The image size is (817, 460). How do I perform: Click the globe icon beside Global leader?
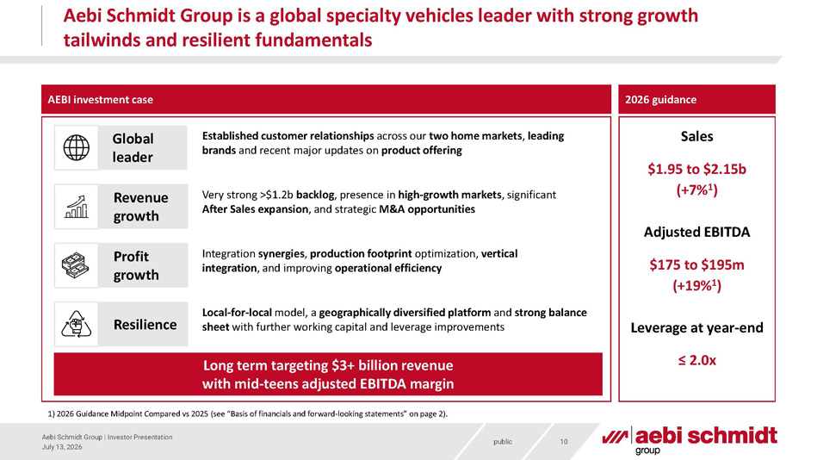click(x=76, y=147)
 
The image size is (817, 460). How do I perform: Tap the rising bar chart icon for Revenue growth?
click(x=76, y=207)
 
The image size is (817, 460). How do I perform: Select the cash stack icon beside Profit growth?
click(x=76, y=265)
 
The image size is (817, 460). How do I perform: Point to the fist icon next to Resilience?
click(x=76, y=324)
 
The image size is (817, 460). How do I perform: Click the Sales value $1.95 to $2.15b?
click(x=696, y=169)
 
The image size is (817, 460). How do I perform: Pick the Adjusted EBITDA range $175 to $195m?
click(x=696, y=265)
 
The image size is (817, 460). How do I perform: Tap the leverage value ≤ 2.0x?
click(x=696, y=360)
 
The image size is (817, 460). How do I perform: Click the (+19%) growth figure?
click(x=696, y=286)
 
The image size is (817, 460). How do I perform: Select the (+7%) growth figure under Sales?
click(x=696, y=190)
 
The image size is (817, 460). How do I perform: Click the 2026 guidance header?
click(x=660, y=100)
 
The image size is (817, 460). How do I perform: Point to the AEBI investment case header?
click(x=101, y=100)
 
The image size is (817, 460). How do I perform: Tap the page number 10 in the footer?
click(x=564, y=442)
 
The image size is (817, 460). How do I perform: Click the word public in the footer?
click(x=503, y=442)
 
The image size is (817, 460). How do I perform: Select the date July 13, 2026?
click(x=62, y=447)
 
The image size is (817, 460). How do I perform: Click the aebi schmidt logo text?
click(x=705, y=436)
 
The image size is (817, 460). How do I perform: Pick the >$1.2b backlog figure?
click(x=296, y=195)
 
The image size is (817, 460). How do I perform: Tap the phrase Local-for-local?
click(x=237, y=313)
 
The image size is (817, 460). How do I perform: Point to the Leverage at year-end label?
click(x=696, y=327)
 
